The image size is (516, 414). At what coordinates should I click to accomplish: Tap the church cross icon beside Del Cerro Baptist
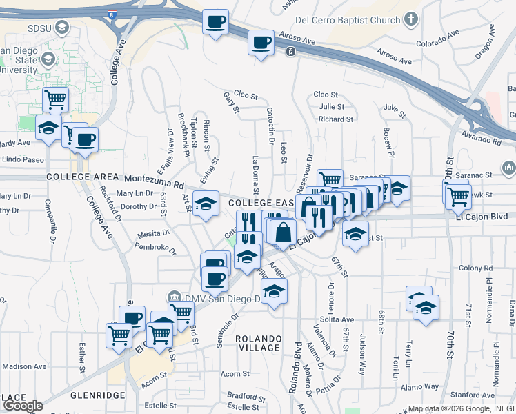[412, 19]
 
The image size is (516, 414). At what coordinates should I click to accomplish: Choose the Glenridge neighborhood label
[97, 395]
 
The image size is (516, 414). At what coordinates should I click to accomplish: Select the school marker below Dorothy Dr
[206, 204]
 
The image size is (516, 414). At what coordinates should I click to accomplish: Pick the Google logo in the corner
[23, 406]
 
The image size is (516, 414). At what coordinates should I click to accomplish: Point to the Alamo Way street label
[421, 387]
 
